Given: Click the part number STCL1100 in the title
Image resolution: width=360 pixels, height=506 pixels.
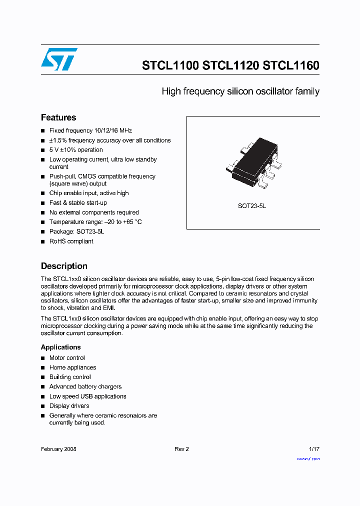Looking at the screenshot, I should click(170, 65).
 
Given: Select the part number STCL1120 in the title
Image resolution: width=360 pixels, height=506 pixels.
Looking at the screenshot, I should click(230, 65).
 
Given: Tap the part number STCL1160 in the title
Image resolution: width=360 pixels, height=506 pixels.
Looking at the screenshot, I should click(290, 65).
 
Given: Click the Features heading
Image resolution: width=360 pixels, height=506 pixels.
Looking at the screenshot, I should click(58, 117).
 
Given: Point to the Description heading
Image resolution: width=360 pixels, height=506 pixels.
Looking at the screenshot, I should click(64, 266).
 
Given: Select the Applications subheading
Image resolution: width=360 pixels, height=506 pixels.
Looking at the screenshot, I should click(60, 347).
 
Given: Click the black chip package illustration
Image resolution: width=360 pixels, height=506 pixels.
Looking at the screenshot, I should click(253, 158).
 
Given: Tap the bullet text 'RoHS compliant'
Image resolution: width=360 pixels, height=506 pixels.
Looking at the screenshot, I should click(71, 241).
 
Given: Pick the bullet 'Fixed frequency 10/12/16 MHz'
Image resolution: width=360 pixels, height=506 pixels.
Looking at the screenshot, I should click(90, 130).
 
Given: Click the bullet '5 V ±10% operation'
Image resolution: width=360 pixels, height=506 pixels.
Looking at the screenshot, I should click(76, 150).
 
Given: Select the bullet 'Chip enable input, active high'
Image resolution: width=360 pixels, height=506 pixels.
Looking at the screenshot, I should click(89, 193).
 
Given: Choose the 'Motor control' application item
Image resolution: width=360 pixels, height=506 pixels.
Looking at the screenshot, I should click(67, 358).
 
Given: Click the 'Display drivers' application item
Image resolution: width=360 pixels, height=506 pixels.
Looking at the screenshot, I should click(69, 406).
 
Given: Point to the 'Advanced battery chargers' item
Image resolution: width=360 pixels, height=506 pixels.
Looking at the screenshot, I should click(85, 386).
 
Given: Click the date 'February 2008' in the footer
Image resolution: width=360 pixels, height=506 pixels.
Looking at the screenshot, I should click(58, 449).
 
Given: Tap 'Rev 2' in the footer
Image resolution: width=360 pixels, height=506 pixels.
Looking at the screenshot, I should click(181, 449).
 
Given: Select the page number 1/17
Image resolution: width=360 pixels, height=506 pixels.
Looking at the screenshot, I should click(314, 449).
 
